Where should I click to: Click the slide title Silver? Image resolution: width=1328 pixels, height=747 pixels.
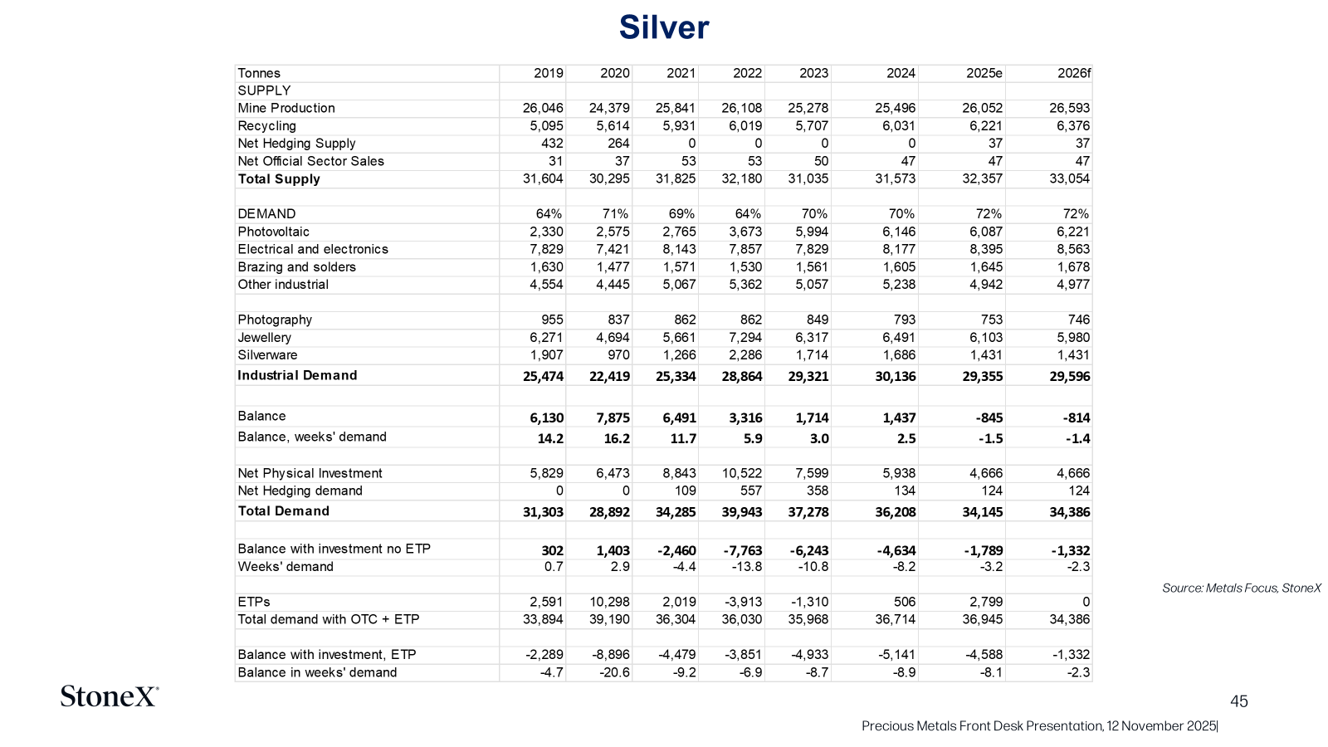click(x=664, y=27)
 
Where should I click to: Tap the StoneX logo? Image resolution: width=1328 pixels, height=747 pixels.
click(x=110, y=696)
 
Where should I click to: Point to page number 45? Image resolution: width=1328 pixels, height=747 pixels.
click(x=1239, y=701)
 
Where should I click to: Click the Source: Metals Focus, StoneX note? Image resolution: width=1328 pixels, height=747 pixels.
click(x=1242, y=588)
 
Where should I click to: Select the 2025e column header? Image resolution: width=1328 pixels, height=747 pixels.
click(x=984, y=74)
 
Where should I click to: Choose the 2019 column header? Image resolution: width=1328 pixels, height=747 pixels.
click(x=549, y=74)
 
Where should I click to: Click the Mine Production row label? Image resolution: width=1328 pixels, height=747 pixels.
click(x=286, y=108)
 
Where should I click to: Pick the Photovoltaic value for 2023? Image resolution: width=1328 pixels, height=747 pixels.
click(x=808, y=232)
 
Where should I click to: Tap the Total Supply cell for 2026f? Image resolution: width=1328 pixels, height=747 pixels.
click(x=1070, y=178)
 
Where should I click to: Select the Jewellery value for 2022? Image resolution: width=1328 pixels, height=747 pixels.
click(x=742, y=337)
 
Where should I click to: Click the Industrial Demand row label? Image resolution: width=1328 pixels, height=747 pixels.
click(x=297, y=375)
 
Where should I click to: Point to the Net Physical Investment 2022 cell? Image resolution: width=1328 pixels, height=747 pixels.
click(x=739, y=473)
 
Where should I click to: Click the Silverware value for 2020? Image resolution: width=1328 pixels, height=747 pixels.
click(x=618, y=355)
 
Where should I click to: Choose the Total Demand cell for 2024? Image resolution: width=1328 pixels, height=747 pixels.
click(x=896, y=511)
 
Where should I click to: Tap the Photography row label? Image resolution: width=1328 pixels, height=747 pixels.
click(x=275, y=320)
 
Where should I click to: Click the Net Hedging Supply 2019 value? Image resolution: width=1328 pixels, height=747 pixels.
click(x=552, y=144)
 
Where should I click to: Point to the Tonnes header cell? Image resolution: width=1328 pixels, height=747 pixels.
click(x=258, y=74)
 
